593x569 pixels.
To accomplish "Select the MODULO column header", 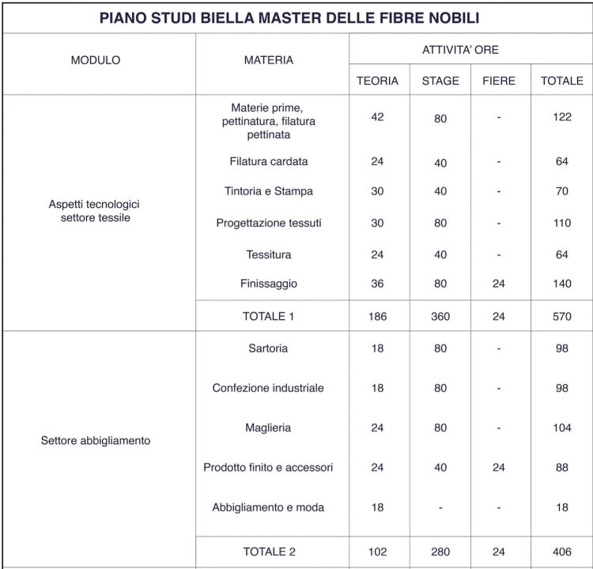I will [x=96, y=60].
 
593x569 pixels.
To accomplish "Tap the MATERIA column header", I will [x=269, y=60].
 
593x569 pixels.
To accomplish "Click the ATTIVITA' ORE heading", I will [x=471, y=50].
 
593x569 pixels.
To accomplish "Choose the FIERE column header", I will [x=498, y=81].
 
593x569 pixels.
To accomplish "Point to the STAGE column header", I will [x=440, y=81].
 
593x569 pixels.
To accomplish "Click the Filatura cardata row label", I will [x=269, y=162].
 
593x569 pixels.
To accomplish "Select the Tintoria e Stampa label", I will [x=269, y=191].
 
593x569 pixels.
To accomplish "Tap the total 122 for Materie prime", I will [x=562, y=117].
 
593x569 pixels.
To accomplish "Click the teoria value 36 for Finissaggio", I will [x=377, y=284].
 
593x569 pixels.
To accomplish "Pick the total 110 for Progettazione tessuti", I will [x=562, y=224].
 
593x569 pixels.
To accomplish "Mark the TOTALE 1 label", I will [x=269, y=316].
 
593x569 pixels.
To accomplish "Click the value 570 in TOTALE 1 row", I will [x=562, y=316].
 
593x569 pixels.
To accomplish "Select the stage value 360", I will [x=440, y=316].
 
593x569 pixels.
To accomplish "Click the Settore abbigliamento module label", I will [x=96, y=441].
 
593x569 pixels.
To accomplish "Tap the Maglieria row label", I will [x=269, y=428].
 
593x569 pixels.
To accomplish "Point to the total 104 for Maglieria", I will [x=562, y=428].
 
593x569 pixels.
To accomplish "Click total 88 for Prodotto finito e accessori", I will [x=562, y=468].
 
